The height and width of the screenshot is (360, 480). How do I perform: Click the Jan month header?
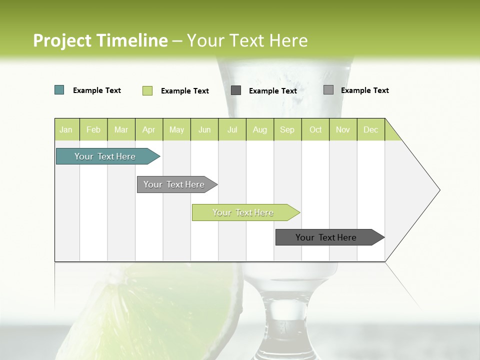pyautogui.click(x=66, y=129)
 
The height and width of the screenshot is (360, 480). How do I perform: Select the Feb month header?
pyautogui.click(x=93, y=129)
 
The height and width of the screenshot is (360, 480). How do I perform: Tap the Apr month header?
pyautogui.click(x=148, y=129)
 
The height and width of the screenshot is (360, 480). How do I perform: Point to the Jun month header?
pyautogui.click(x=204, y=129)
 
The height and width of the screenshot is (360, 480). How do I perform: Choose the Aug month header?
pyautogui.click(x=259, y=129)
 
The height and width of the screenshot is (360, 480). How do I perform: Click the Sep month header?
pyautogui.click(x=287, y=129)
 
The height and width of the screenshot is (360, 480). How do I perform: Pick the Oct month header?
pyautogui.click(x=315, y=129)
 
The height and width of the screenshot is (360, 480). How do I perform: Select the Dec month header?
pyautogui.click(x=370, y=129)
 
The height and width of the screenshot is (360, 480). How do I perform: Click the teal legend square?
pyautogui.click(x=59, y=90)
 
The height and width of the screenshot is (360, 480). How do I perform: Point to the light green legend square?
pyautogui.click(x=147, y=90)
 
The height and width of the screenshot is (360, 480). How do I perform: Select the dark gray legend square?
pyautogui.click(x=236, y=90)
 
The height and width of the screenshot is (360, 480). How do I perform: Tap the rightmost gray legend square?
pyautogui.click(x=328, y=90)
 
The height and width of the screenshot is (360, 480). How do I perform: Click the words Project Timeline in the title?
pyautogui.click(x=100, y=40)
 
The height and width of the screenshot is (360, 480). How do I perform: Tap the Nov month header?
pyautogui.click(x=343, y=129)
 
